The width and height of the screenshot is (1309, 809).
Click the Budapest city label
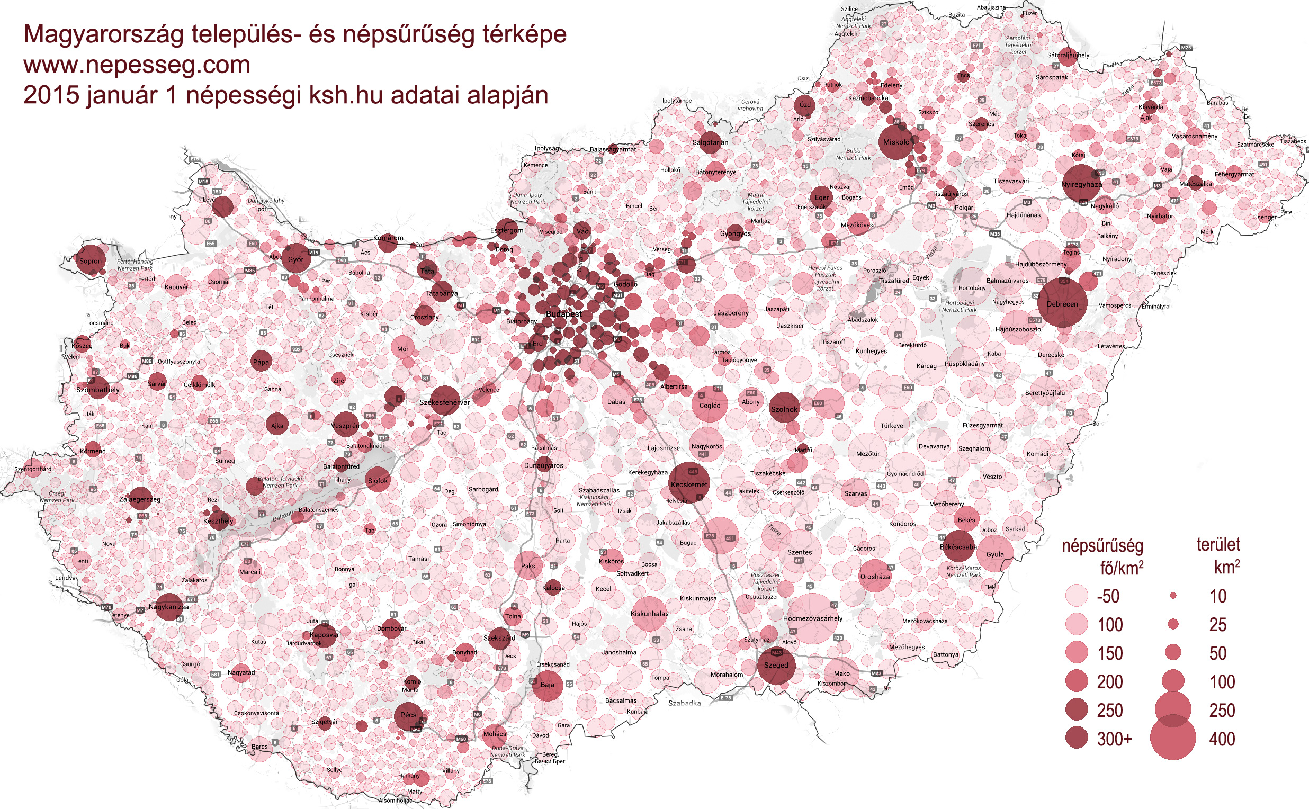click(x=563, y=314)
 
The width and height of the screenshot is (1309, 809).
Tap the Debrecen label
click(x=1062, y=304)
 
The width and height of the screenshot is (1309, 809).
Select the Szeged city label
click(x=776, y=665)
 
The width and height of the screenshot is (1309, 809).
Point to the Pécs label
click(x=408, y=715)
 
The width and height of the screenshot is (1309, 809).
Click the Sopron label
click(x=91, y=261)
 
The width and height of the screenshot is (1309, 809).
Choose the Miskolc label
click(x=896, y=142)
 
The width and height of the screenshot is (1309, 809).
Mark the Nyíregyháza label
click(x=1081, y=185)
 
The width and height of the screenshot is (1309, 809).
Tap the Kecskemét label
click(x=689, y=484)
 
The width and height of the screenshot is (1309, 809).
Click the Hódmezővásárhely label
click(x=812, y=618)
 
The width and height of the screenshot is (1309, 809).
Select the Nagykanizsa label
click(x=168, y=607)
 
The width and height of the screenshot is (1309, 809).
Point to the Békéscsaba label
click(x=958, y=547)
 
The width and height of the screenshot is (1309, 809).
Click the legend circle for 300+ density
click(x=1077, y=739)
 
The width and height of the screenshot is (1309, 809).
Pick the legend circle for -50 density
click(x=1077, y=596)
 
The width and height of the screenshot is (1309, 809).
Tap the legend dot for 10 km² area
click(x=1173, y=596)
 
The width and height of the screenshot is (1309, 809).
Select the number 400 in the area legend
click(x=1222, y=739)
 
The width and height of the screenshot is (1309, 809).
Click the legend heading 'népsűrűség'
click(x=1102, y=545)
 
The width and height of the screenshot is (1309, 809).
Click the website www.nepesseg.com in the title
click(x=137, y=65)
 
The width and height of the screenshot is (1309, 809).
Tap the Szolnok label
click(x=784, y=409)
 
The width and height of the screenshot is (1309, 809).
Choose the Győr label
click(x=295, y=259)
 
